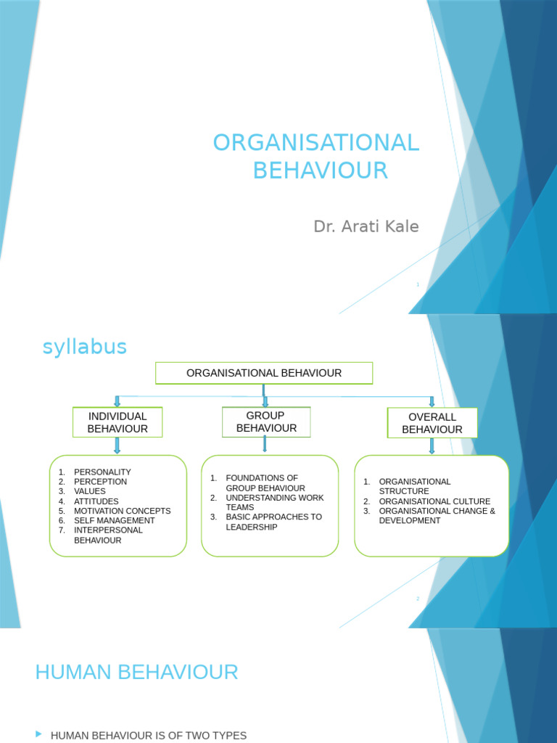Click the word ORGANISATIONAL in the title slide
pos(316,143)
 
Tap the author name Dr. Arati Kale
pos(366,226)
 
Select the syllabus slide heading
pos(84,347)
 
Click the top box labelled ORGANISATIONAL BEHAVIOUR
pos(264,373)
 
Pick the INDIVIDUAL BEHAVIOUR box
pos(117,422)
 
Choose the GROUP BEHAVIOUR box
pos(266,422)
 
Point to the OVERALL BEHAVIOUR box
pos(432,423)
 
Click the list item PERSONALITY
pos(102,472)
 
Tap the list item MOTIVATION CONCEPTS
pos(122,511)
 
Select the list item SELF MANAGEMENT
pos(114,520)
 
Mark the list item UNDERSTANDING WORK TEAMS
pos(274,502)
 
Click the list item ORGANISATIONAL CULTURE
pos(434,501)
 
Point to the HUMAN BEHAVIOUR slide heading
pos(136,673)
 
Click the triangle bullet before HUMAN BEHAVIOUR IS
pos(38,735)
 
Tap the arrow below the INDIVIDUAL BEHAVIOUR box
pos(117,446)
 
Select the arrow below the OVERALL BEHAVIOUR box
pos(432,446)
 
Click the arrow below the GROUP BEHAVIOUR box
pos(265,444)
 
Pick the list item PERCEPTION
pos(100,482)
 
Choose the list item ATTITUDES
pos(96,501)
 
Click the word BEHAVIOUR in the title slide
pos(320,171)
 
